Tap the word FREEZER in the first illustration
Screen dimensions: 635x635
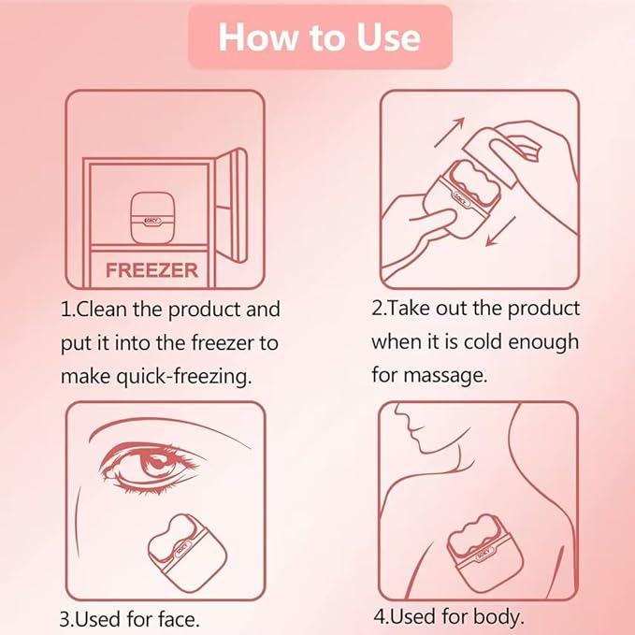(152, 270)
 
